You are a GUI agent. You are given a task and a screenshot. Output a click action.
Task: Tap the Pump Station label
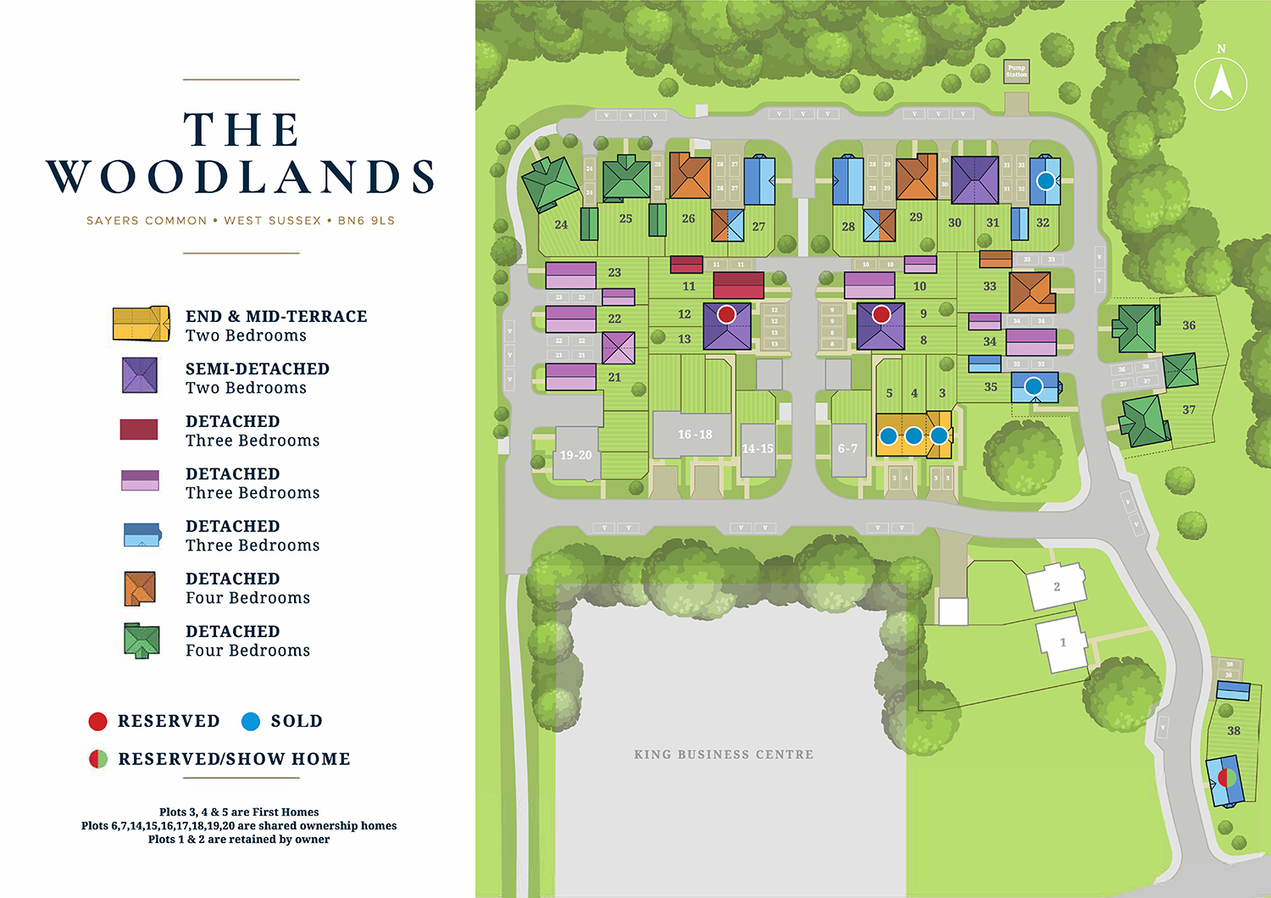[1016, 71]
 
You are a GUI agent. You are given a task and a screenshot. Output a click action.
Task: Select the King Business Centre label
[724, 754]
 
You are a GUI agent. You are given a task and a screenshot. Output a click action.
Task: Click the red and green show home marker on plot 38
[1224, 777]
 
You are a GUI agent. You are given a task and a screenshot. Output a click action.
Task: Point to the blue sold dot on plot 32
[1046, 180]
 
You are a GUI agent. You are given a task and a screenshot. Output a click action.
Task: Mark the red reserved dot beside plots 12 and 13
[726, 314]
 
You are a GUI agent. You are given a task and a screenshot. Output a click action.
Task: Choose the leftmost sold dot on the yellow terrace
[888, 436]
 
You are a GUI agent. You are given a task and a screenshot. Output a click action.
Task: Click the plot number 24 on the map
[561, 224]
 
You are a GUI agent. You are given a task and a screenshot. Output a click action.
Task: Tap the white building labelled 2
[1056, 586]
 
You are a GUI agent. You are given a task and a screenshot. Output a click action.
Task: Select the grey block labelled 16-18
[694, 435]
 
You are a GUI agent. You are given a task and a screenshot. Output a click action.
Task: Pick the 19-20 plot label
[576, 455]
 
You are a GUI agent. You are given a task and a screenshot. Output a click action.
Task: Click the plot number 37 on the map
[1189, 409]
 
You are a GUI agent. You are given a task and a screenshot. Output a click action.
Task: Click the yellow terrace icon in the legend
[142, 324]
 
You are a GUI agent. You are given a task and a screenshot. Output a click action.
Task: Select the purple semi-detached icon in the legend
[140, 375]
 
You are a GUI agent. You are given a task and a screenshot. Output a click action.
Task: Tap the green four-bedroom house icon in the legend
[142, 640]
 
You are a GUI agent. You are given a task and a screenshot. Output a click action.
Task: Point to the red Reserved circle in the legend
[98, 721]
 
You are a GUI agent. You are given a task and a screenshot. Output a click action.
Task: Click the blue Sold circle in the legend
[251, 721]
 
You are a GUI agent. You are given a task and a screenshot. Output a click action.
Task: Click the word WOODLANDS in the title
[241, 176]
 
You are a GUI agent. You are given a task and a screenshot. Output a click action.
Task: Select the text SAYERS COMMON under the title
[147, 220]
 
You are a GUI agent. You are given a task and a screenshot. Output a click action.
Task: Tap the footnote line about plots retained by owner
[239, 840]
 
